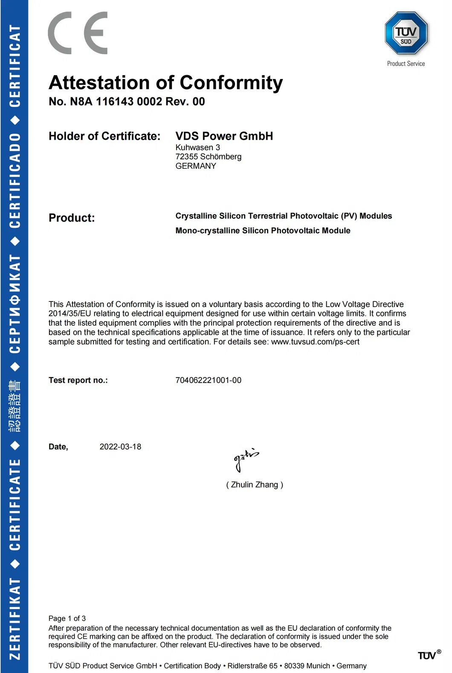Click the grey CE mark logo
coord(78,33)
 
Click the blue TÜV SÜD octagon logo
coord(406,33)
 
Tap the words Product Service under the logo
coord(406,64)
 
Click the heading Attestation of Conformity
coord(165,83)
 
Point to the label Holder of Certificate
coord(104,136)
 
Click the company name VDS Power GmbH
coord(224,136)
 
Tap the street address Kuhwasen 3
coord(198,147)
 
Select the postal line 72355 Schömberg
coord(209,157)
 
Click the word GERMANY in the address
coord(196,166)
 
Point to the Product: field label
coord(72,218)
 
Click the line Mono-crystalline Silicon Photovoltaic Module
coord(263,231)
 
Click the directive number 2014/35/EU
coord(70,314)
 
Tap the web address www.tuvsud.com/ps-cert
coord(315,342)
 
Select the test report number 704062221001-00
coord(208,380)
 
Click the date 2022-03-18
coord(120,447)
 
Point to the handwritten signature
coord(246,459)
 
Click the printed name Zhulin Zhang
coord(255,485)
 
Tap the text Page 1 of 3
coord(67,618)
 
